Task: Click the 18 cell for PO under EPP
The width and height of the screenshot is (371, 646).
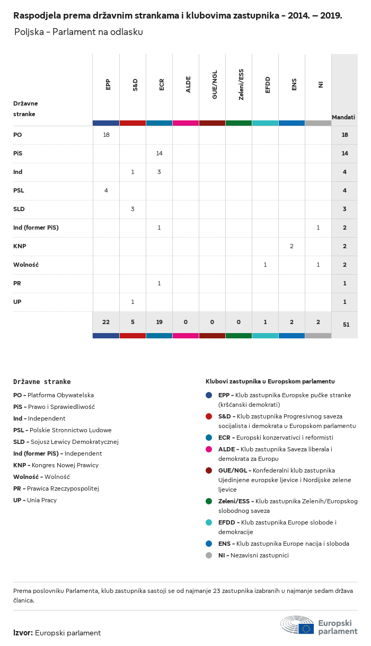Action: click(x=106, y=135)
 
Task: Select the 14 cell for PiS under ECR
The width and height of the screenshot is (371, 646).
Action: click(x=159, y=153)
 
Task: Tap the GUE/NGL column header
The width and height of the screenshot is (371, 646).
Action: click(x=215, y=87)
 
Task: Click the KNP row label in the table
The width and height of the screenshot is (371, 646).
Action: click(x=20, y=246)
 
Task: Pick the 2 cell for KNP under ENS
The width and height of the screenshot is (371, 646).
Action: click(x=291, y=246)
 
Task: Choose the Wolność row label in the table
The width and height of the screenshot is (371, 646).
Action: click(x=26, y=265)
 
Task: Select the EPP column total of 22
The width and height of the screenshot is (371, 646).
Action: click(x=106, y=322)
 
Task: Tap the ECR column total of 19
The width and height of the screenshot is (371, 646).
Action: click(x=159, y=322)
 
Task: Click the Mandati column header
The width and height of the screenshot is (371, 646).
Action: click(x=343, y=117)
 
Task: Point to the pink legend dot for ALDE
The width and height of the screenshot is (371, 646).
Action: click(x=209, y=449)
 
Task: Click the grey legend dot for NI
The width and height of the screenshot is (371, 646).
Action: click(x=209, y=555)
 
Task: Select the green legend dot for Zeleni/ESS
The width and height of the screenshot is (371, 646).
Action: click(x=209, y=501)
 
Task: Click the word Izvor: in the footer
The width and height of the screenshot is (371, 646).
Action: click(x=23, y=633)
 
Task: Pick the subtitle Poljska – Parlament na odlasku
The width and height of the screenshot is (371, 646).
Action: click(x=78, y=32)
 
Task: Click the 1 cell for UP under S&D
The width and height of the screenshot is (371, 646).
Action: click(x=132, y=302)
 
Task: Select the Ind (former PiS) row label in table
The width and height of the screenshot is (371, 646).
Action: click(x=36, y=228)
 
